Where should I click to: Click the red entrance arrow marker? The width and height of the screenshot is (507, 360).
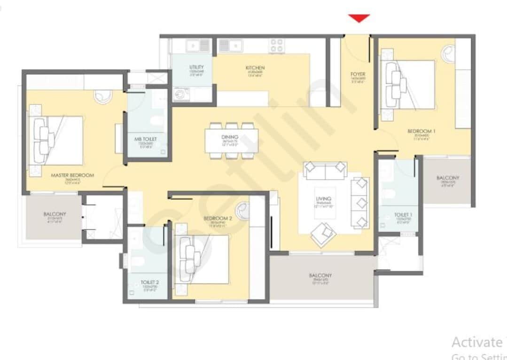point(359,18)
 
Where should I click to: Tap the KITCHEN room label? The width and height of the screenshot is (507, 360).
point(255,68)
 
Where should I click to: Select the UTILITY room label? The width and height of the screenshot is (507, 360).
point(196,67)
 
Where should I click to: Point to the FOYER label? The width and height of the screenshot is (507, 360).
point(358,74)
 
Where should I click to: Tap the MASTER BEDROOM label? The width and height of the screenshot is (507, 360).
point(72,175)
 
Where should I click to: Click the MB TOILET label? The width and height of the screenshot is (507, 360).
point(146,140)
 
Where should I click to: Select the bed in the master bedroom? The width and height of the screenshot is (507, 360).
point(56,140)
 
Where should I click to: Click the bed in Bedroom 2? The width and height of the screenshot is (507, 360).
point(202,259)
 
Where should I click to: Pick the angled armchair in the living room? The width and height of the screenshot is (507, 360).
point(324,233)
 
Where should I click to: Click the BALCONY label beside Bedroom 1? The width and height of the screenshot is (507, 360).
point(447,178)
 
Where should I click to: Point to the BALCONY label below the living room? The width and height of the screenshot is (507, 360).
point(320,276)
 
